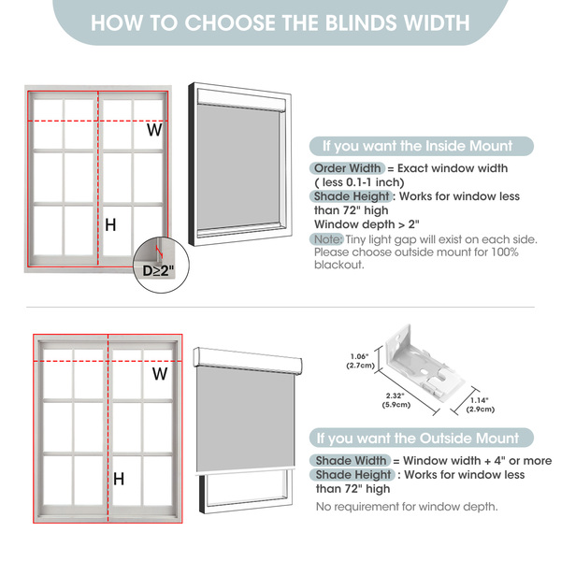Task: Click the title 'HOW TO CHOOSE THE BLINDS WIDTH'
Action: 280,22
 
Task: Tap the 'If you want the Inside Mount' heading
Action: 418,146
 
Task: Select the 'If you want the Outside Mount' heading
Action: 418,438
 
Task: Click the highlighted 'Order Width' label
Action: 347,168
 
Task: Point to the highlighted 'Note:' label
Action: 328,239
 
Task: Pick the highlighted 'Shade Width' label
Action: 351,460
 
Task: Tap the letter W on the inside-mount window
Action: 154,130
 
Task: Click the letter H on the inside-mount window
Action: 110,225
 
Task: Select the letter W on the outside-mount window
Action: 160,374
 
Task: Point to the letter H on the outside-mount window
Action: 119,479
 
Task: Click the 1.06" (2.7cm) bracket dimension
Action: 360,361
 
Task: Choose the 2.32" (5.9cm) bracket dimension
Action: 396,400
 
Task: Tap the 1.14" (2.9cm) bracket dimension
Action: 481,405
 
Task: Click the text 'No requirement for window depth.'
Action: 407,507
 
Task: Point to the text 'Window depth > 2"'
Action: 367,224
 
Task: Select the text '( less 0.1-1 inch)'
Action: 359,182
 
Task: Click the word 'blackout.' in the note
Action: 338,265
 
